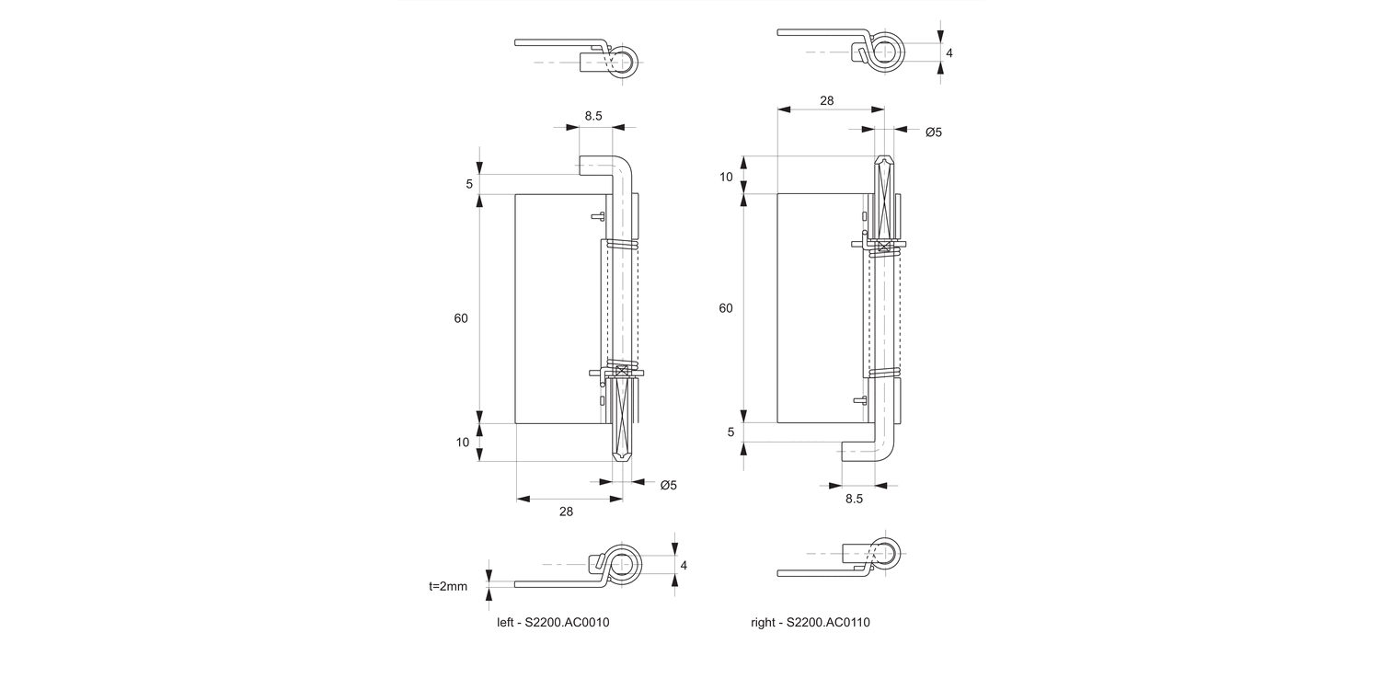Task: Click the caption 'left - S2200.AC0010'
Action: click(553, 622)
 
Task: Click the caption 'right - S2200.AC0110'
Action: click(810, 622)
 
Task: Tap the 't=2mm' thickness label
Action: click(448, 585)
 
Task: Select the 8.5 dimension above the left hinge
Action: click(593, 116)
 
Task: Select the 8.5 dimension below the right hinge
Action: click(854, 499)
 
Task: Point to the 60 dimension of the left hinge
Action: click(461, 318)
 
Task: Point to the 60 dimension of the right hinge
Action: click(726, 308)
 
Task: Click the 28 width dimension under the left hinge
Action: click(566, 512)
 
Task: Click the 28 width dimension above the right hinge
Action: click(826, 100)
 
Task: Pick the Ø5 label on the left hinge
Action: click(668, 485)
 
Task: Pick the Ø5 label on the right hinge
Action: click(933, 132)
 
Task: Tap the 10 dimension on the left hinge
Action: click(463, 443)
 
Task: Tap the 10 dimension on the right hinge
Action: click(726, 177)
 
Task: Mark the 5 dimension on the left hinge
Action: click(469, 184)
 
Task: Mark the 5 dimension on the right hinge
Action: click(731, 431)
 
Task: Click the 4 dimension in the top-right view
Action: click(949, 52)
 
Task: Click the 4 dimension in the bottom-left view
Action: click(684, 565)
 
